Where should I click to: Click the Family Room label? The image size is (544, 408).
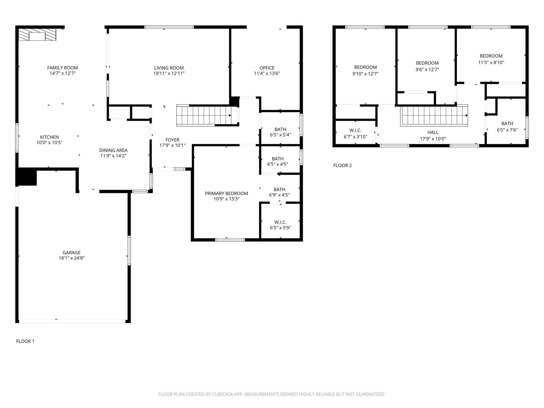(62, 68)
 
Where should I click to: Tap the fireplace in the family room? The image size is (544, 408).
(37, 35)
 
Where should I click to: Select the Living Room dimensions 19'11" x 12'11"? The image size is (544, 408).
(169, 74)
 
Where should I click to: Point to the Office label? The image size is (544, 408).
(267, 68)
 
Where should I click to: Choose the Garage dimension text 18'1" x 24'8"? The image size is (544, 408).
(71, 258)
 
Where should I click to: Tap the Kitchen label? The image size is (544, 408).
(49, 137)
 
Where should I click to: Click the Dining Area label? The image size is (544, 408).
(113, 150)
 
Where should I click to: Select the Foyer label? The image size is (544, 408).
(172, 140)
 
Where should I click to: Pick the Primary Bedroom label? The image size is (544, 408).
(226, 193)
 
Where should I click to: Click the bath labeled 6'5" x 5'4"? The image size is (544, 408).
(280, 132)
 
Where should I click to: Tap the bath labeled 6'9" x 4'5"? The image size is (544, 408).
(279, 192)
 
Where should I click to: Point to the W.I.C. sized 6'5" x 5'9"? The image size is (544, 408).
(280, 225)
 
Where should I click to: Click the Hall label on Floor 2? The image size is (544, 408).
(433, 132)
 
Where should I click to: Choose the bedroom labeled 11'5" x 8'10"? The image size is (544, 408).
(491, 59)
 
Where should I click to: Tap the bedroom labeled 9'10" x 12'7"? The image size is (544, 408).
(365, 70)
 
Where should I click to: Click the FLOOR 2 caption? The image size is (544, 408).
(342, 165)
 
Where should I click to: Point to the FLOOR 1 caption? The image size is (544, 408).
(25, 341)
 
